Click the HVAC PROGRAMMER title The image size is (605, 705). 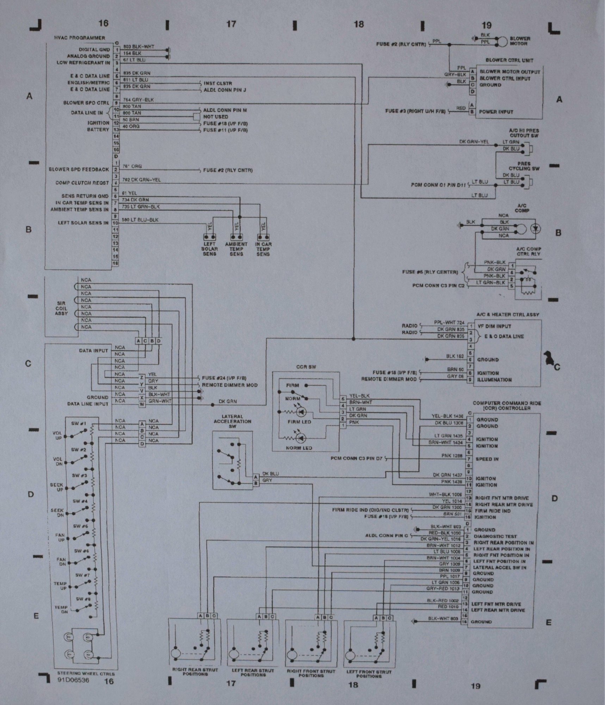tap(79, 38)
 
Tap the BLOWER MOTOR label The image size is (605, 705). tap(520, 41)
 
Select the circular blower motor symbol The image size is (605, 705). tap(500, 42)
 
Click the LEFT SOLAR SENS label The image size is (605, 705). tap(210, 249)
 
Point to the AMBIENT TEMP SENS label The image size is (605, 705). tap(236, 249)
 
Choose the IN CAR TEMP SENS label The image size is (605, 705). tap(263, 249)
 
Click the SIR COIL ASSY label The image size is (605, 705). tap(61, 308)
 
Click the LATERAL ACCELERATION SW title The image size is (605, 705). tap(232, 421)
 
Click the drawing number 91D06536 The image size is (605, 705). tap(74, 680)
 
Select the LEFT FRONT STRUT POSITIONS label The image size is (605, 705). tap(369, 674)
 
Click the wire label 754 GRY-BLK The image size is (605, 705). tap(138, 100)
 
